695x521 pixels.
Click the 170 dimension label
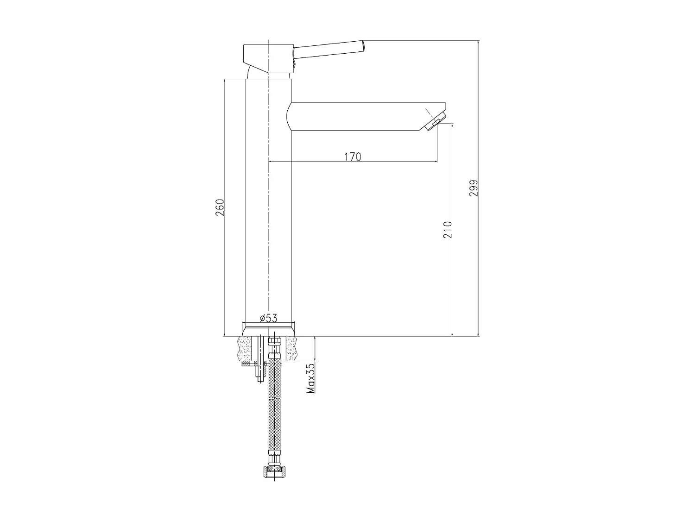click(353, 157)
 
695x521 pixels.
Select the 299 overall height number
click(474, 188)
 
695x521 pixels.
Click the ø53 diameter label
click(268, 318)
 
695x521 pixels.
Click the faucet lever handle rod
click(329, 50)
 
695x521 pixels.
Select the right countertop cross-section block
click(292, 349)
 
